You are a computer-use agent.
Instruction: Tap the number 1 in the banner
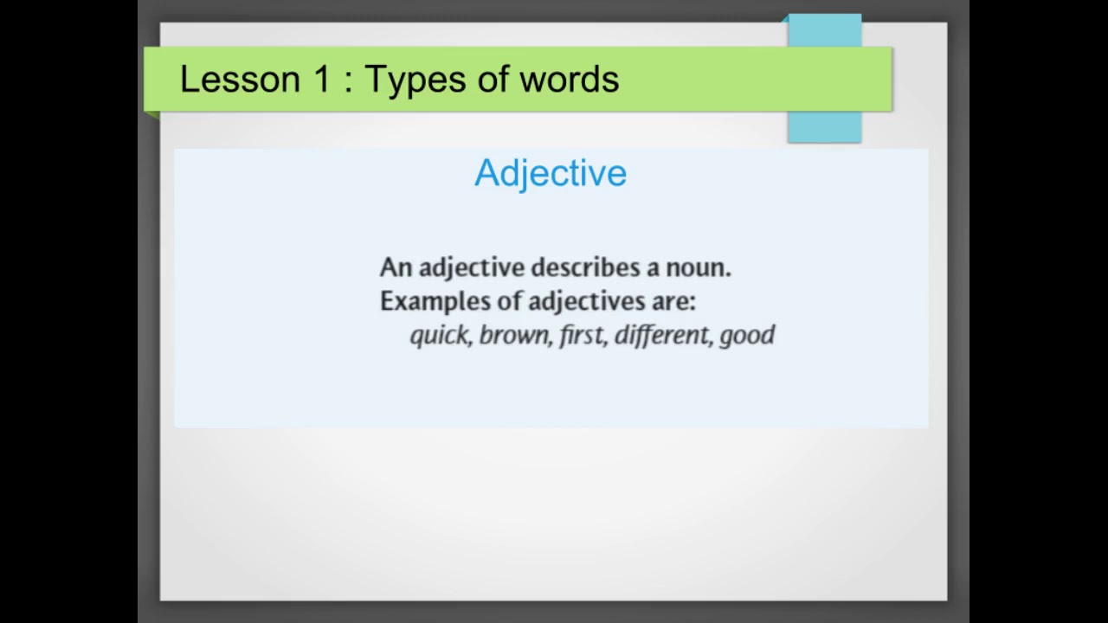click(322, 80)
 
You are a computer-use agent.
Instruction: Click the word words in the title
click(569, 80)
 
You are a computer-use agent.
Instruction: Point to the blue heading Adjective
click(551, 173)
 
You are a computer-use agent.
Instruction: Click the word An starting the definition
click(395, 267)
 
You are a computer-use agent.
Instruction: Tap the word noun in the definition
click(697, 267)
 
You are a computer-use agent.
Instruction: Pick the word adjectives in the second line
click(586, 301)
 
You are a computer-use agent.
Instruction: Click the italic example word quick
click(440, 336)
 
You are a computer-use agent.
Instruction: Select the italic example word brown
click(514, 336)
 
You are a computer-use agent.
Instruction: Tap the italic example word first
click(582, 336)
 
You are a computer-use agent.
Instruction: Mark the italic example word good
click(747, 336)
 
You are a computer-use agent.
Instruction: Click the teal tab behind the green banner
click(824, 125)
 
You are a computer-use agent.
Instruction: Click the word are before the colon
click(673, 301)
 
